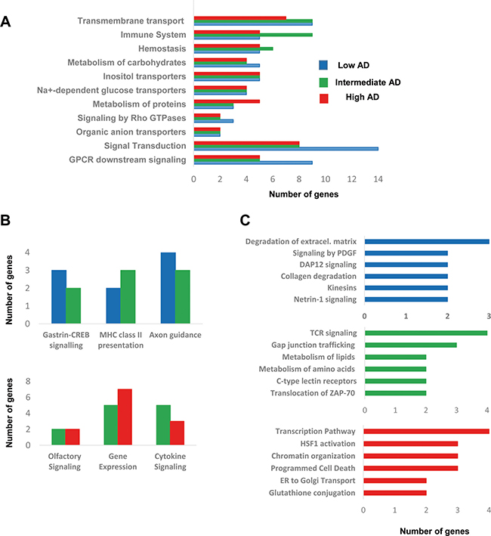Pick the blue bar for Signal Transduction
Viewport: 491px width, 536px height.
[x=286, y=149]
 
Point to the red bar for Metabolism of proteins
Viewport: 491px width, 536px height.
[x=227, y=101]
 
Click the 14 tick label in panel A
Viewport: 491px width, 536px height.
[x=378, y=178]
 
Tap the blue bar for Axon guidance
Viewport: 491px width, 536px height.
[x=168, y=288]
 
